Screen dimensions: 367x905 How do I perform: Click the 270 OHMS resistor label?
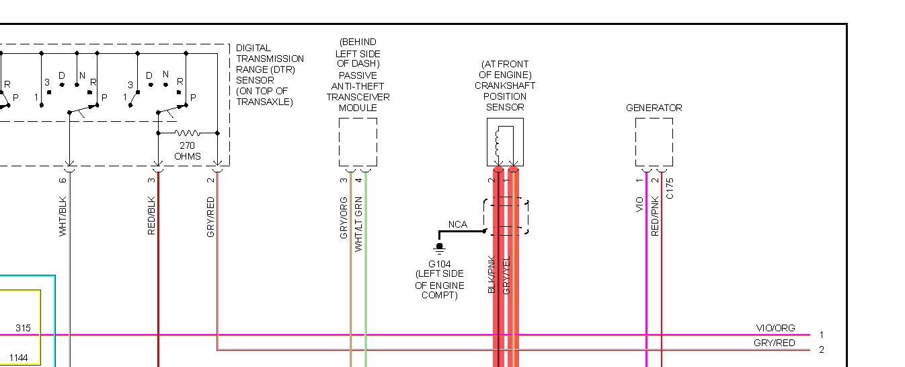point(188,151)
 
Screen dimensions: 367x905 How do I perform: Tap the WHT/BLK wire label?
point(63,216)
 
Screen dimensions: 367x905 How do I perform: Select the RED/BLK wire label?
point(152,216)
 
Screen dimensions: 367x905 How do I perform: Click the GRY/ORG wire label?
point(344,218)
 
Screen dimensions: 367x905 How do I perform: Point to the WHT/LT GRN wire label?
point(359,224)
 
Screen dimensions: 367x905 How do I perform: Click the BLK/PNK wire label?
point(491,275)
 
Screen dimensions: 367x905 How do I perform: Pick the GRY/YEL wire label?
point(507,275)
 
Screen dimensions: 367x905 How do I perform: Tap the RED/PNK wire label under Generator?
point(656,215)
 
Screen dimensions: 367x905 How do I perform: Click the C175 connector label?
point(670,189)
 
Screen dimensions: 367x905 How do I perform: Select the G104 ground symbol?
point(439,248)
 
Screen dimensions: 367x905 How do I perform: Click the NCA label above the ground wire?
point(458,224)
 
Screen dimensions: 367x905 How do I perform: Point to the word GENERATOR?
point(654,108)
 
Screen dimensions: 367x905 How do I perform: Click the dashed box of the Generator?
point(654,142)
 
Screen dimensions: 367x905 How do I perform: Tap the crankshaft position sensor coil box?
point(505,142)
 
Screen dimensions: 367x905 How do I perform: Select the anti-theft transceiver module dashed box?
point(358,142)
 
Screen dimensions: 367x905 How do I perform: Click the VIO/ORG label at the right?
point(775,328)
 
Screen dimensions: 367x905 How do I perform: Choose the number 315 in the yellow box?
point(24,328)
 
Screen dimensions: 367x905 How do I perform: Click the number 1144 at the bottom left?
point(18,358)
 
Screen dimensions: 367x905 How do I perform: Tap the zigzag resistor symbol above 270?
point(188,133)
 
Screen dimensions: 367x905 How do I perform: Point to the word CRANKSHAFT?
point(505,86)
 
